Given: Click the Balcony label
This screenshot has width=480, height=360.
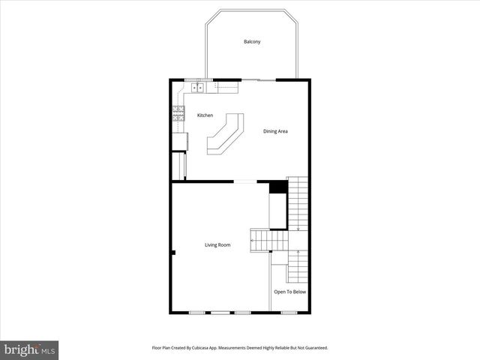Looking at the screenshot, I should click(x=252, y=41).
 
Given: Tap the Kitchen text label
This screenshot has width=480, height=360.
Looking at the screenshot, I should click(x=205, y=115).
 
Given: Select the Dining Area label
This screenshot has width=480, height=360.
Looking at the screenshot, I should click(x=275, y=131).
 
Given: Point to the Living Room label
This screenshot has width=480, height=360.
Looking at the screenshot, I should click(x=217, y=244).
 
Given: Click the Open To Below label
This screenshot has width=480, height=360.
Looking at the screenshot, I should click(x=289, y=292).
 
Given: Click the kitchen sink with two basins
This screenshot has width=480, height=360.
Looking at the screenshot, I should click(x=198, y=88).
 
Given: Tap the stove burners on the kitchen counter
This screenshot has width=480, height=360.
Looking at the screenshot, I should click(x=178, y=114).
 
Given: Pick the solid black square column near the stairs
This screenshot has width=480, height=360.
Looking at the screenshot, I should click(x=278, y=187).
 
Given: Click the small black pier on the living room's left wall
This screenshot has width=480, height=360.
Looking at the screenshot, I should click(x=173, y=253).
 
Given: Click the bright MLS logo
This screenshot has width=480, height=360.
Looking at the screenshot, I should click(x=29, y=349).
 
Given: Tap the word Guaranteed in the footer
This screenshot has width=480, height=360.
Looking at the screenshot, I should click(x=314, y=348).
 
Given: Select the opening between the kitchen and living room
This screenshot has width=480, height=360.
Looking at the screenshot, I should click(x=245, y=181).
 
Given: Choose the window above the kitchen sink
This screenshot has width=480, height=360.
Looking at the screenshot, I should click(x=199, y=79).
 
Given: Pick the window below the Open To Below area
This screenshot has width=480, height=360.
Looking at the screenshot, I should click(x=289, y=312).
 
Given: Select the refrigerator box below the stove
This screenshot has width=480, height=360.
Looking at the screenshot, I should click(x=180, y=140).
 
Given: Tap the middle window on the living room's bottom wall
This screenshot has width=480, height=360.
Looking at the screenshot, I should click(x=220, y=312).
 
